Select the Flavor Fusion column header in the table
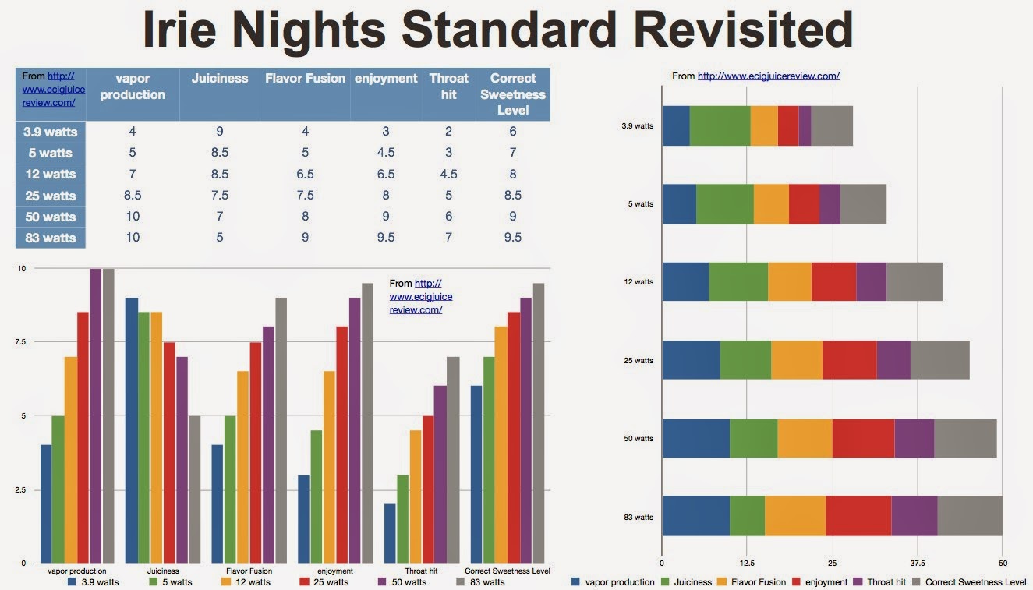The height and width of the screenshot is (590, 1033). point(305,79)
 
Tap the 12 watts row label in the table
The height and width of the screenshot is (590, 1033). point(50,174)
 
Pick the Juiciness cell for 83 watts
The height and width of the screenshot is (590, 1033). point(220,237)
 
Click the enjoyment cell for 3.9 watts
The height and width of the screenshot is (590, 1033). point(385,132)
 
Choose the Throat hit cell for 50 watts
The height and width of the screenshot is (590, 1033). point(448,216)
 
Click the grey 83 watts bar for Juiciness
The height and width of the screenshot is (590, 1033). point(195,489)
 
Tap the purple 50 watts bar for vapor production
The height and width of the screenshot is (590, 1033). point(96,415)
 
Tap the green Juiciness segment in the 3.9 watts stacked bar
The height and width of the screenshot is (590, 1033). point(720,125)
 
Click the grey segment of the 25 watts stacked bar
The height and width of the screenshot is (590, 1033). point(939,360)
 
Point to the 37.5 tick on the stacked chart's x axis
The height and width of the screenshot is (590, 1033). point(918,563)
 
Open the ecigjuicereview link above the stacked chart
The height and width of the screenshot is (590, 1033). point(768,76)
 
